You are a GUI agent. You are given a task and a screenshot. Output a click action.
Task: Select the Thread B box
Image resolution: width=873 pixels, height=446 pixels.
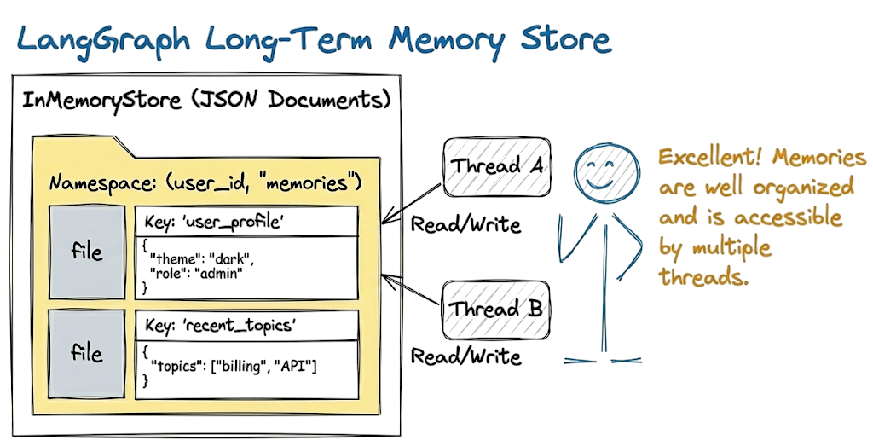click(x=495, y=308)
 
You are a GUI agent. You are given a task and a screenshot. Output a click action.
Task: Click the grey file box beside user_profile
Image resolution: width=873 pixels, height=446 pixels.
click(x=86, y=252)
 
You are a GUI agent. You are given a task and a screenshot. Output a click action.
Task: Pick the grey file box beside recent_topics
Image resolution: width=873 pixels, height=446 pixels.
click(x=86, y=353)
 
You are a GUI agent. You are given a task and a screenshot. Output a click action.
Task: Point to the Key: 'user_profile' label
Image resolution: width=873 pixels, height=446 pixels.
click(x=210, y=222)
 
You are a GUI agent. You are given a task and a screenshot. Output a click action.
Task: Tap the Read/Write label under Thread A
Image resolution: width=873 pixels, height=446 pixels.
click(x=465, y=225)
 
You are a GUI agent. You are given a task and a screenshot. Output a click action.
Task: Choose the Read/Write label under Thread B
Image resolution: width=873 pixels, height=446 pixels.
click(x=465, y=355)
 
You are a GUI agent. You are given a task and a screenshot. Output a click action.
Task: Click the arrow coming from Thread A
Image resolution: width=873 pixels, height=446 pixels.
click(x=413, y=202)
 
